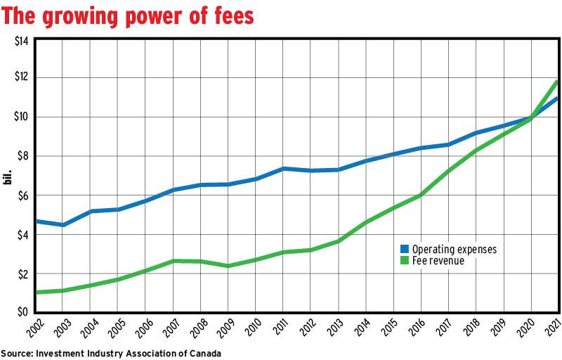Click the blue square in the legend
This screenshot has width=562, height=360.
[x=404, y=249]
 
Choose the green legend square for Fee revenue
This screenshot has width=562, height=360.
[x=404, y=260]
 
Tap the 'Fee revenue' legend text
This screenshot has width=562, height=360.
[x=438, y=260]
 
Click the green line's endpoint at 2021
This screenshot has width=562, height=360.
[x=558, y=82]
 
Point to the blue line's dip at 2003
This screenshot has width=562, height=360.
[x=63, y=225]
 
